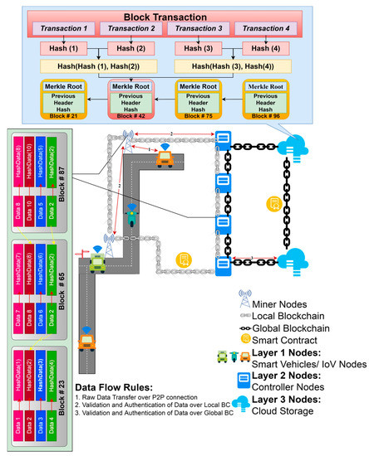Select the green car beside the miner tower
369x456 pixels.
(x=97, y=263)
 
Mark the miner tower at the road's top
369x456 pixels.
(x=127, y=138)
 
